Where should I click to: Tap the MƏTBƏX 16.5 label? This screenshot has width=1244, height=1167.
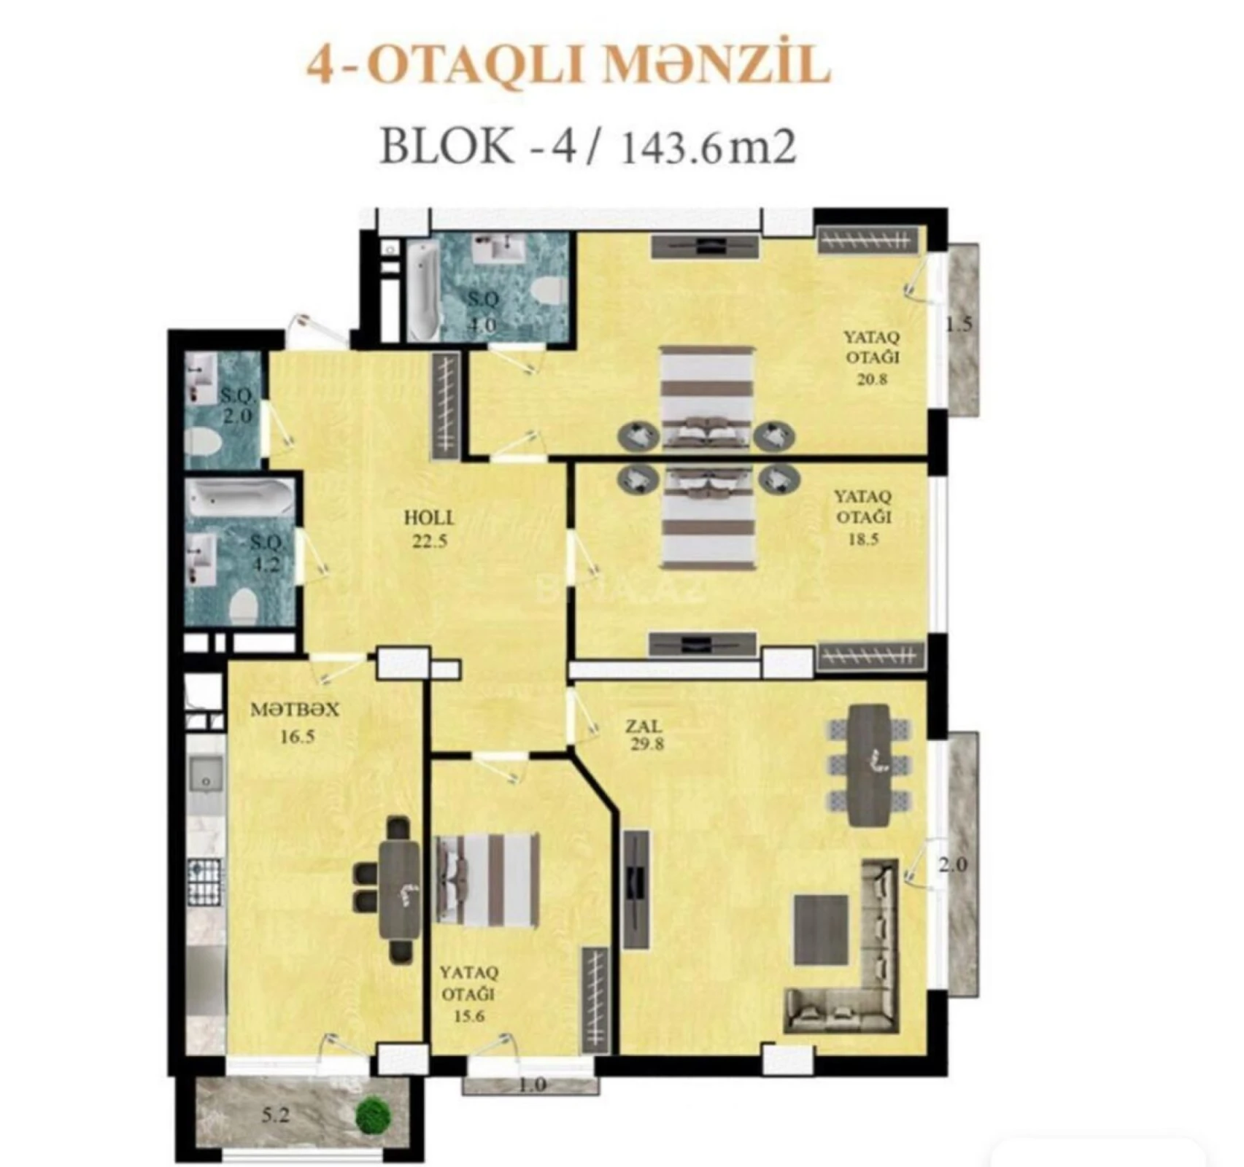pos(295,722)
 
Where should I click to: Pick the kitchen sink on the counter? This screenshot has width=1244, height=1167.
pos(206,776)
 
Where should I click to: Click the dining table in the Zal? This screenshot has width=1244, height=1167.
pos(869,764)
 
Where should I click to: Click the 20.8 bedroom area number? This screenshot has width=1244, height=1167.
pos(873,379)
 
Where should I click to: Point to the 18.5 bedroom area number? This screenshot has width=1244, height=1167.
pos(863,540)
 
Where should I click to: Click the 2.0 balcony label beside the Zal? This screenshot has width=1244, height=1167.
pos(953,865)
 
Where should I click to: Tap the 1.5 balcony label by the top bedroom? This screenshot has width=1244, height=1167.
pos(959,325)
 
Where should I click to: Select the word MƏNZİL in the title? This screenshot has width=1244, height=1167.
pos(719,64)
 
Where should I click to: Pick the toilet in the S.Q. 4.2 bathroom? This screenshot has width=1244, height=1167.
pos(243,605)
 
